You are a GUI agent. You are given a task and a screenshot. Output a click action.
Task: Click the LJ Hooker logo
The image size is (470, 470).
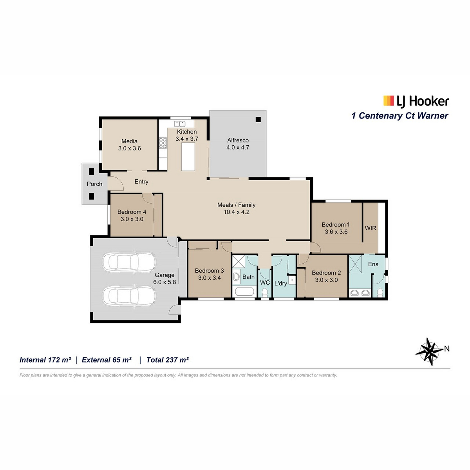[416, 101]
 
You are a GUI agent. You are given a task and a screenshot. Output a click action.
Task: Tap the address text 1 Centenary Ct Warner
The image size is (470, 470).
[400, 116]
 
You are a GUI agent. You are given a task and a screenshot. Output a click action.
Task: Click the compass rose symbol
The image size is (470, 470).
[430, 351]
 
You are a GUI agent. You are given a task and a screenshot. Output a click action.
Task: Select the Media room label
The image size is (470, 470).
[130, 141]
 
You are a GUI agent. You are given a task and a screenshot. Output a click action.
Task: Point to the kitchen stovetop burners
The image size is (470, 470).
[163, 143]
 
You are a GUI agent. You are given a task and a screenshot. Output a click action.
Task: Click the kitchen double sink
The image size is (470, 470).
[180, 124]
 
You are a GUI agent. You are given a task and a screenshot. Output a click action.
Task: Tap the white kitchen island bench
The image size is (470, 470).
[188, 157]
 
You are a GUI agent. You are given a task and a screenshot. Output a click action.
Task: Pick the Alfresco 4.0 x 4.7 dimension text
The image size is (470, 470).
[238, 147]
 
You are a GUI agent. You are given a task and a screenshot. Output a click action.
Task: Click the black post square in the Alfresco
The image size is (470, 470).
[258, 119]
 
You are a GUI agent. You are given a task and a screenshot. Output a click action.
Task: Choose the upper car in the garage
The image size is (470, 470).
[129, 262]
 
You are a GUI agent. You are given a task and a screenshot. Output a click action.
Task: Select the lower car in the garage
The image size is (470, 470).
[129, 296]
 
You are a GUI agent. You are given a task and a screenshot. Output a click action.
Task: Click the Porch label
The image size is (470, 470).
[94, 184]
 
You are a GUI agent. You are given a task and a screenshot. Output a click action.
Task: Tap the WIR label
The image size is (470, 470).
[371, 228]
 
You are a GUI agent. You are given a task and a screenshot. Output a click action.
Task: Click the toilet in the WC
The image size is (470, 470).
[264, 293]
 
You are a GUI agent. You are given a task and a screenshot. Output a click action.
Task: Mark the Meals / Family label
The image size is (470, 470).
[236, 205]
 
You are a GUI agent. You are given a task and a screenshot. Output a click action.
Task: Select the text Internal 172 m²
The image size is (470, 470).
[45, 360]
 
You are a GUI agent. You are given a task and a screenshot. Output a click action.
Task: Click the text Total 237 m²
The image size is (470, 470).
[168, 360]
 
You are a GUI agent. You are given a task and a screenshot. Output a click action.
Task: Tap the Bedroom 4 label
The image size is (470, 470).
[132, 212]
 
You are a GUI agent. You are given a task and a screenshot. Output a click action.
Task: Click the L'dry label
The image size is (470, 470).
[280, 284]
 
